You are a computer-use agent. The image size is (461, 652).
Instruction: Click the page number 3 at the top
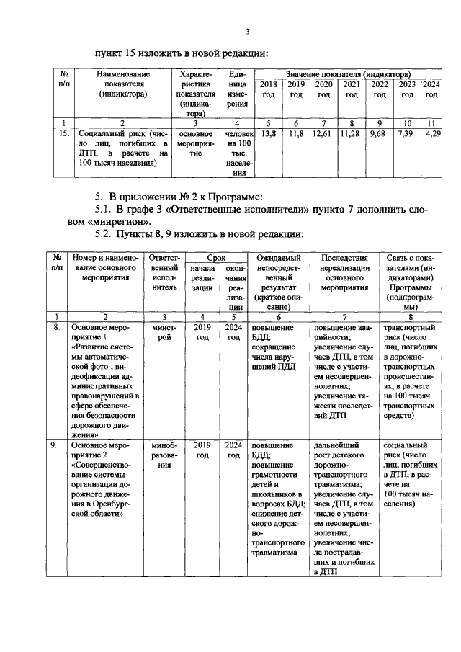[x=247, y=30]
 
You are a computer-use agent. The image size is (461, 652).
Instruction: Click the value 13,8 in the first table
[x=268, y=133]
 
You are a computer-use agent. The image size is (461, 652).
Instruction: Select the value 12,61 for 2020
[x=323, y=133]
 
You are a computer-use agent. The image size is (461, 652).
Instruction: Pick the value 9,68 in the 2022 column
[x=378, y=133]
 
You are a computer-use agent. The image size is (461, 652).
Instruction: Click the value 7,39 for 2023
[x=406, y=133]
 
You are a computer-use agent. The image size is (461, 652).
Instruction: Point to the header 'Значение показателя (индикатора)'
[x=349, y=74]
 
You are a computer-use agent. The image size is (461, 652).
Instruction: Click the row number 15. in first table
[x=64, y=133]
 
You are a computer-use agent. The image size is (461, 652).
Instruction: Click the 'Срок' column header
[x=216, y=256]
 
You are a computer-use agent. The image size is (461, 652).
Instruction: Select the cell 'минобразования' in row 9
[x=164, y=455]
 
